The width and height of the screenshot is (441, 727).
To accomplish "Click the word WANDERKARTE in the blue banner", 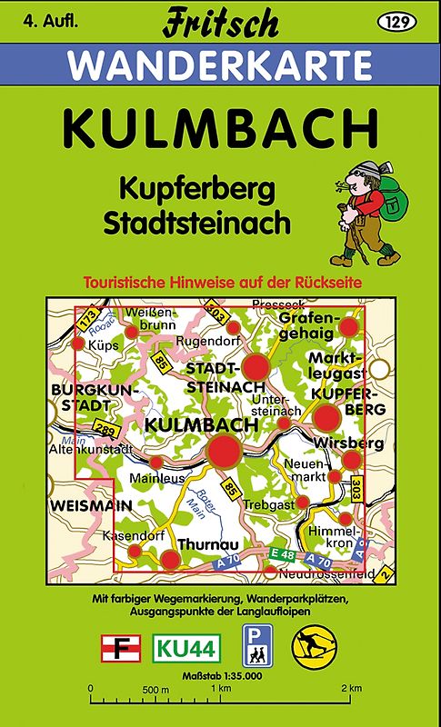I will click(x=220, y=65).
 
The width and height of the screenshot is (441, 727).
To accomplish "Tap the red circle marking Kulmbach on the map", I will click(x=225, y=451).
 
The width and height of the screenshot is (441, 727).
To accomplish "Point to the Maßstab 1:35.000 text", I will click(x=220, y=674).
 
